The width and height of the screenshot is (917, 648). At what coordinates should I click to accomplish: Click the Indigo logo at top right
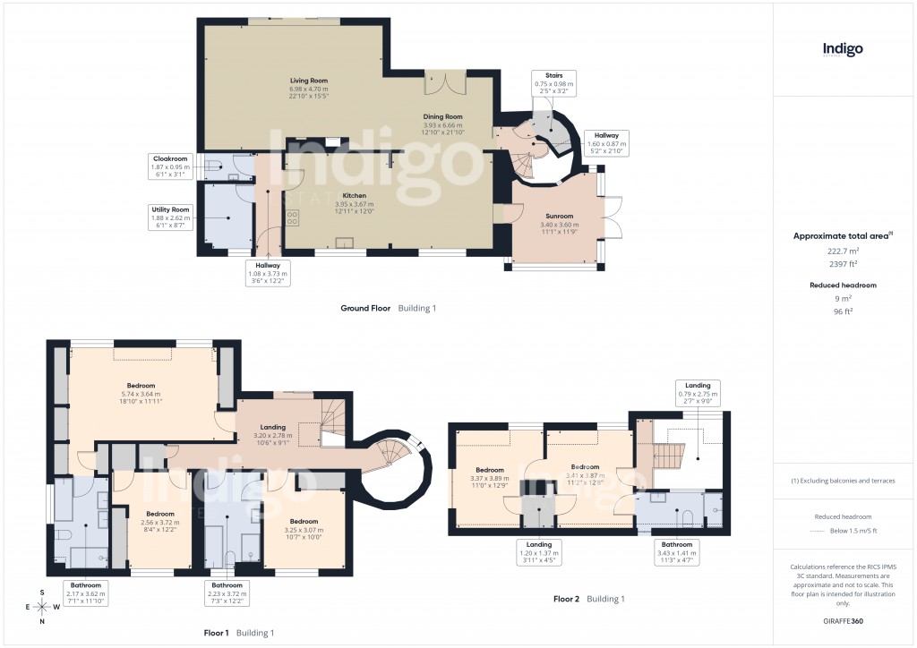(843, 50)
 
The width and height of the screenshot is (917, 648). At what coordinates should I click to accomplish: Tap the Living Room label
(308, 89)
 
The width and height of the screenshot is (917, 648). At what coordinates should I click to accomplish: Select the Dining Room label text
(442, 124)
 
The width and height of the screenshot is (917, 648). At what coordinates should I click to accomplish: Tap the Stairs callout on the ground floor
(555, 83)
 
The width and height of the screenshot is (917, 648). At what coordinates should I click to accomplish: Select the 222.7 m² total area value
(842, 252)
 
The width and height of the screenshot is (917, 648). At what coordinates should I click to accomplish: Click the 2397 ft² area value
(842, 264)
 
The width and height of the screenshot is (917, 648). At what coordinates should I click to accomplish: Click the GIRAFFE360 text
(842, 620)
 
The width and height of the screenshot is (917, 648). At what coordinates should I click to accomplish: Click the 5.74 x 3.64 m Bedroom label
(141, 394)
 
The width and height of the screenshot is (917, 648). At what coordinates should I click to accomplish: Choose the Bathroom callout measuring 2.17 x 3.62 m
(86, 593)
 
